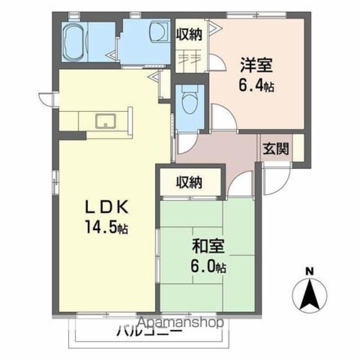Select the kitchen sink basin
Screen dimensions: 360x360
point(106,121)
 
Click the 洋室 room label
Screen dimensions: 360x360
point(256,65)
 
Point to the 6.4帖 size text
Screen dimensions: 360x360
point(256,85)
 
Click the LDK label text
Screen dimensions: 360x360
point(106,207)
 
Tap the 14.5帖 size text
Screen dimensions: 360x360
point(106,227)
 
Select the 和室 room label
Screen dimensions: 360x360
point(208,246)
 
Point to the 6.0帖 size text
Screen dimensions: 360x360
point(208,266)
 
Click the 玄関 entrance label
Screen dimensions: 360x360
point(276,148)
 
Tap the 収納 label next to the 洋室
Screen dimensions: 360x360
point(189,34)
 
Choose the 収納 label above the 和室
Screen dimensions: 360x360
point(189,182)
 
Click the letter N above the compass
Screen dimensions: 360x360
point(309,272)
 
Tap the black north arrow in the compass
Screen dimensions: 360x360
point(310,294)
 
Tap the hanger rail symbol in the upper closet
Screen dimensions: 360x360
point(190,59)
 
